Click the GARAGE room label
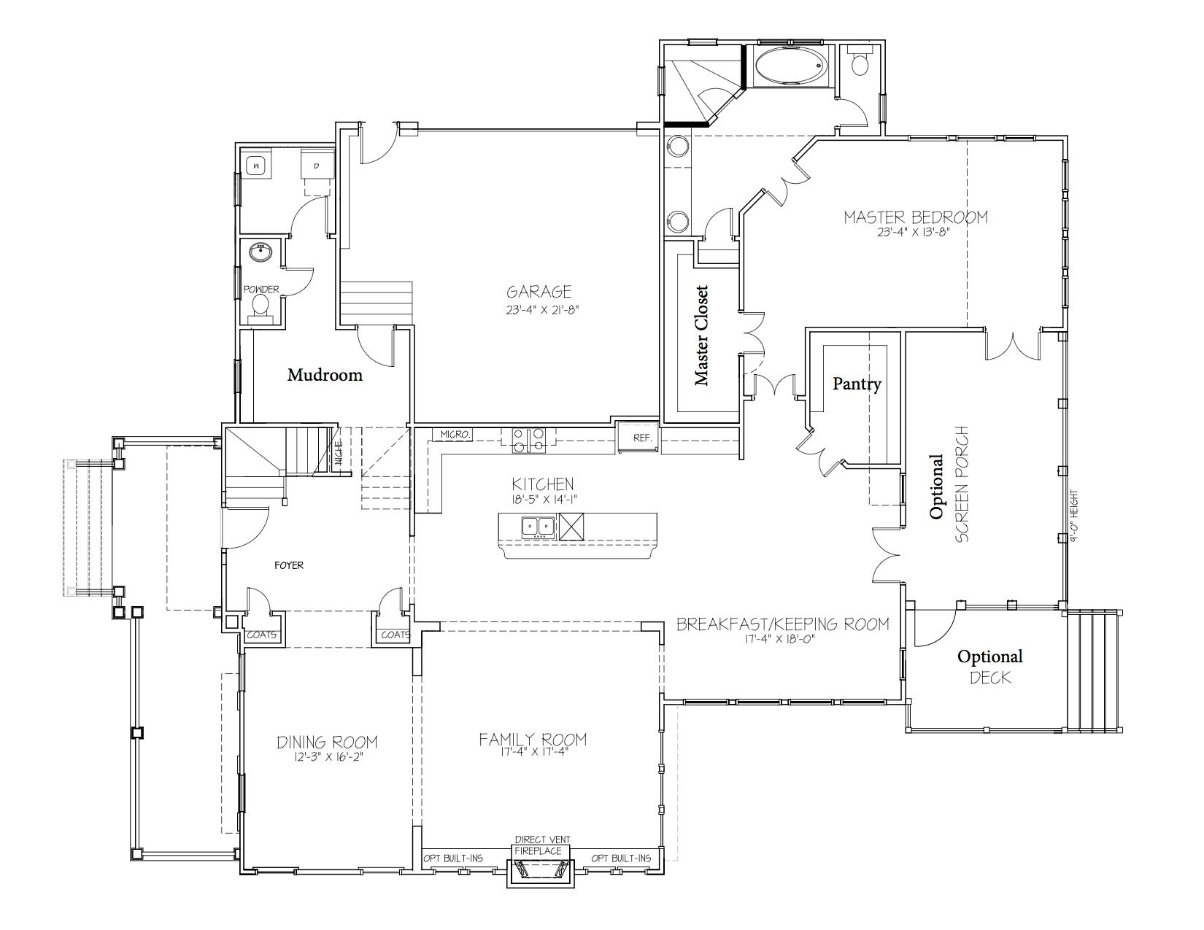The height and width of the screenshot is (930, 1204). [539, 291]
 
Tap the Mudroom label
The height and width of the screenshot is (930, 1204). [325, 375]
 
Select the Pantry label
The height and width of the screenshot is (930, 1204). [857, 384]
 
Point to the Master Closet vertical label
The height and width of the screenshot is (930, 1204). [701, 336]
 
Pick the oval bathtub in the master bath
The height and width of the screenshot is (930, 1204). [789, 66]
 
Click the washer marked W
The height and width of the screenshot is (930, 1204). [256, 165]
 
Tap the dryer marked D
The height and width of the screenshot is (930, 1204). [317, 165]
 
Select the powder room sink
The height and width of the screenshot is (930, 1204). [261, 252]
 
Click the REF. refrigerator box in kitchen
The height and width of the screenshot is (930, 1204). [641, 438]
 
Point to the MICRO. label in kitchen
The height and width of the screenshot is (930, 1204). [455, 435]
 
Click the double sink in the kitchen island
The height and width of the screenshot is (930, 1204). [538, 526]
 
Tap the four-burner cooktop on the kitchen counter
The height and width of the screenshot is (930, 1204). [528, 441]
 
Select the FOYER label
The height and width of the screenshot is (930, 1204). [289, 565]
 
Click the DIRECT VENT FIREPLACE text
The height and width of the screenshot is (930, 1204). [541, 845]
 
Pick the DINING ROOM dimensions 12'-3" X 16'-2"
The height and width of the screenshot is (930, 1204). [327, 757]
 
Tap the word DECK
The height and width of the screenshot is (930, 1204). [991, 678]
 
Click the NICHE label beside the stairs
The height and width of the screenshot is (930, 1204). [339, 452]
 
